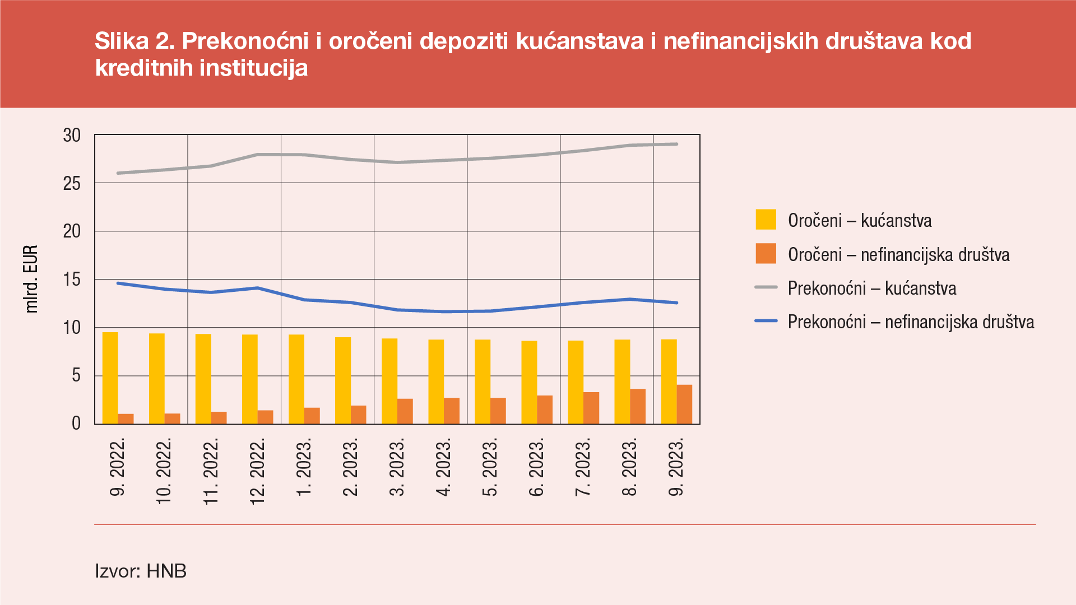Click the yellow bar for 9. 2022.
coord(110,378)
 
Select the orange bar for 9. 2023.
coord(684,404)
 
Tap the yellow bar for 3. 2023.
coord(389,381)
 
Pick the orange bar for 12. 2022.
coord(266,417)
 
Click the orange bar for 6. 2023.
coord(545,410)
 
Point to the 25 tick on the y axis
coord(72,183)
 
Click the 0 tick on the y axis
coord(76,424)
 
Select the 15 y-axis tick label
coord(72,280)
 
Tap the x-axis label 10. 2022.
coord(164,472)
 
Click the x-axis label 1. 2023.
coord(303,468)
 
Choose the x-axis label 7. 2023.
coord(583,468)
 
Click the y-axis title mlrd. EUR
coord(31,279)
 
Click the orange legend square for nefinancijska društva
coord(766,254)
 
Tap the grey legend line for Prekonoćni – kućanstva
coord(766,287)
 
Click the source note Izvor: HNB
coord(141,571)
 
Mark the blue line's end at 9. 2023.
coord(676,302)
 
